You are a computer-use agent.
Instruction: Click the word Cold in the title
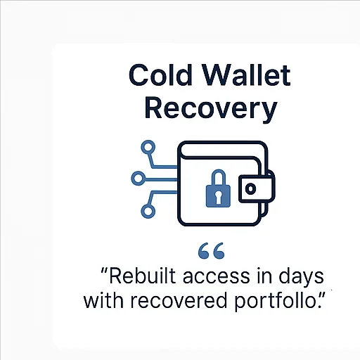pos(160,75)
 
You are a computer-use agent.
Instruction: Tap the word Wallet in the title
pos(246,75)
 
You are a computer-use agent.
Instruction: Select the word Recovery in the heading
pos(211,109)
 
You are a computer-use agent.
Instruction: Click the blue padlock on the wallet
pos(218,188)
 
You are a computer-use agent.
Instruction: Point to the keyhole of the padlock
pos(218,197)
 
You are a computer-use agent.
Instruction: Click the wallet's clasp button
pos(250,188)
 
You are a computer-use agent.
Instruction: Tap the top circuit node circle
pos(148,148)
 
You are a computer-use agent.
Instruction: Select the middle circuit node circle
pos(138,179)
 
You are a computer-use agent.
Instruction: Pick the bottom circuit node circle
pos(148,211)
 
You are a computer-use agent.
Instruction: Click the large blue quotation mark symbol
pos(211,251)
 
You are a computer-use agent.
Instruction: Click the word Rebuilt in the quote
pos(143,276)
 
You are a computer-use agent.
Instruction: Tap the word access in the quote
pos(216,277)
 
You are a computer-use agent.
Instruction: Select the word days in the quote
pos(301,277)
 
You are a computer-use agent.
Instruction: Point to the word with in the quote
pos(103,300)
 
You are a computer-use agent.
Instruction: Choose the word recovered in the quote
pos(179,300)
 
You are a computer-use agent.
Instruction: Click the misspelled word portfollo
pos(276,302)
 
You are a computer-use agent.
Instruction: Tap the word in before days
pos(264,276)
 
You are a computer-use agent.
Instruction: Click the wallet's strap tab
pos(256,188)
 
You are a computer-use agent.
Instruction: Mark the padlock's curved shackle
pos(219,178)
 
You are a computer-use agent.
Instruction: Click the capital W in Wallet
pos(217,75)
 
